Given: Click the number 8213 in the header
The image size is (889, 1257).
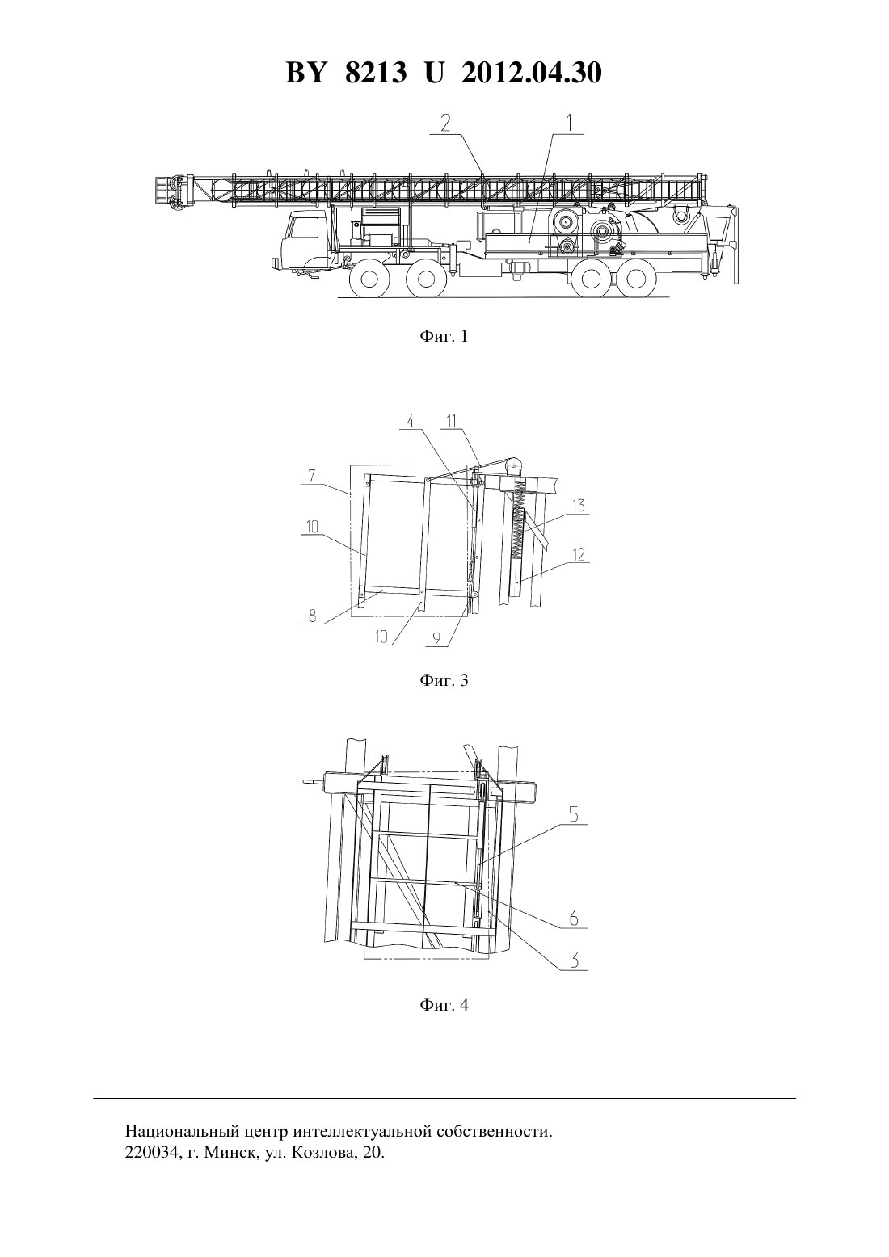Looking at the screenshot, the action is [x=376, y=73].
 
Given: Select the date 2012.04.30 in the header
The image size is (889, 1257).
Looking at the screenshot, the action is [x=532, y=73].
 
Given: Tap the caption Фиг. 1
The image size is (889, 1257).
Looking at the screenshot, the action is [x=444, y=336].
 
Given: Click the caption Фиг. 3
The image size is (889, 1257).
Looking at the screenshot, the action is [x=444, y=680].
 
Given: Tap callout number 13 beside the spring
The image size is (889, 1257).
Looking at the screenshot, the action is [x=578, y=507].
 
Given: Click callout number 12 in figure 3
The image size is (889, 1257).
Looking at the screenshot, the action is [x=578, y=555].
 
